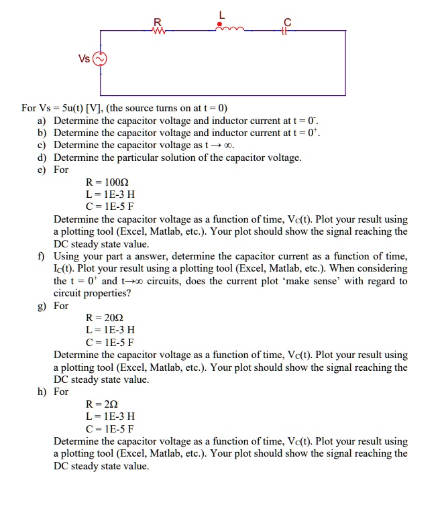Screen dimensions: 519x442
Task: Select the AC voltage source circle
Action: [x=101, y=59]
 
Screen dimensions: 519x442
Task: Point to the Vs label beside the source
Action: [x=84, y=59]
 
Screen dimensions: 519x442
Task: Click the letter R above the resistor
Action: [x=158, y=20]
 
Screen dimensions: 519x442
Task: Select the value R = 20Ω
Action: [x=109, y=318]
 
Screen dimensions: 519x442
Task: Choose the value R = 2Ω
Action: [x=106, y=404]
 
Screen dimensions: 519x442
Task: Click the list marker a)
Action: [x=42, y=121]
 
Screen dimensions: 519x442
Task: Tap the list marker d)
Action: [x=42, y=158]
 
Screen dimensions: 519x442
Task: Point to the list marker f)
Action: [x=42, y=256]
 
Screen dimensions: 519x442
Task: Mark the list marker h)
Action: [x=42, y=392]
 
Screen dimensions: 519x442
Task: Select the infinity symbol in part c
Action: [x=229, y=146]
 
